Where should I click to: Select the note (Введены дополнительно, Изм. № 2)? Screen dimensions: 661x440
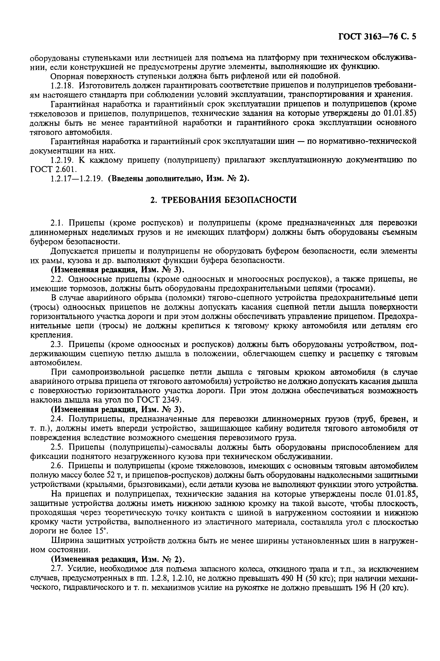click(179, 179)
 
